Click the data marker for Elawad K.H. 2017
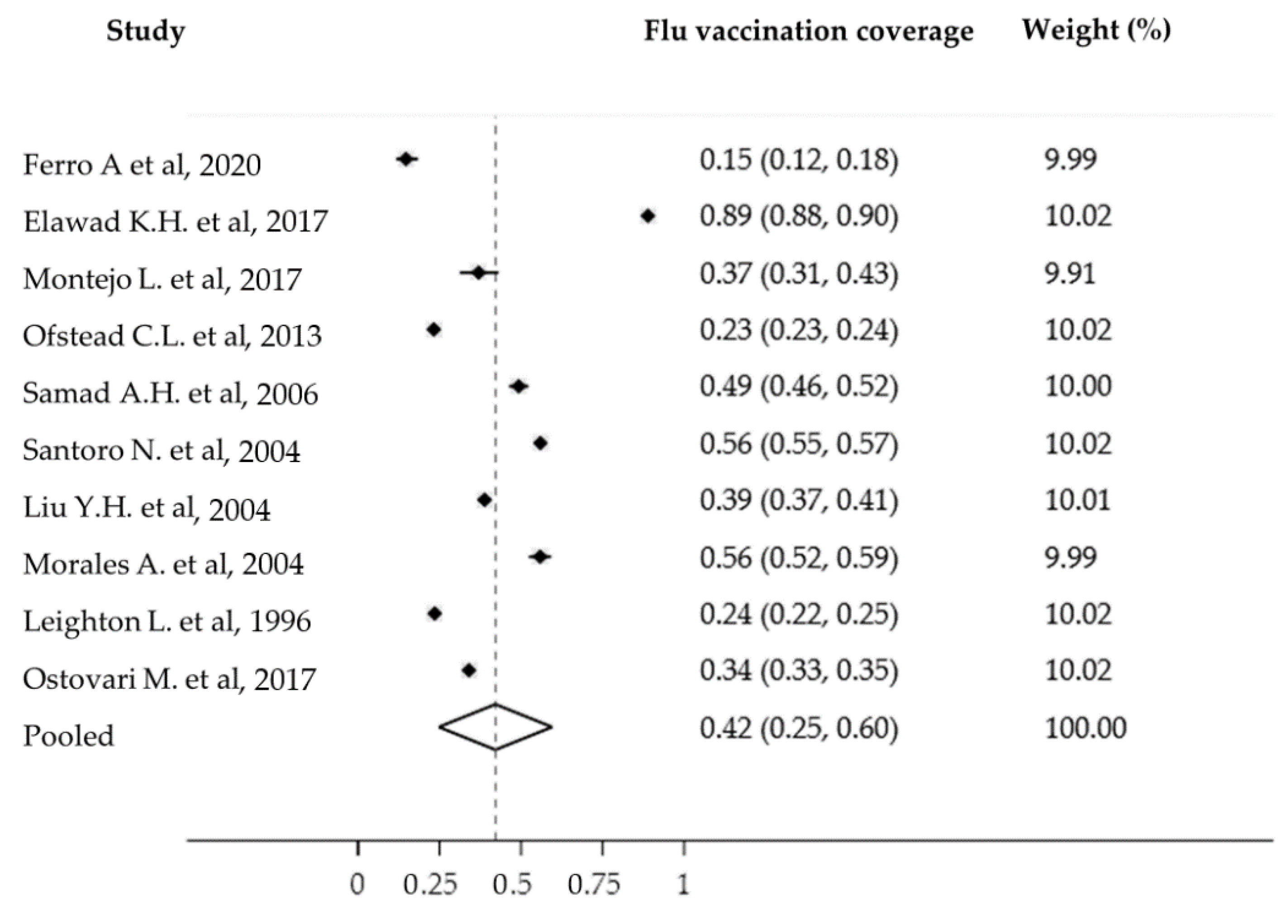pos(648,216)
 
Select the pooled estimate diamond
pos(495,727)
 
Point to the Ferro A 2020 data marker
pos(406,159)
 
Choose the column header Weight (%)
pos(1096,29)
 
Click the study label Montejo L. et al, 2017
pos(162,278)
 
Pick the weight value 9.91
pos(1069,274)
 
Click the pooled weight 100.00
pos(1085,728)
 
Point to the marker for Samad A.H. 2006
pos(519,387)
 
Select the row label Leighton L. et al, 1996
pos(167,621)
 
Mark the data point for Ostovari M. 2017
pos(468,670)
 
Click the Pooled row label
pos(68,735)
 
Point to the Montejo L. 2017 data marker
pos(478,273)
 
